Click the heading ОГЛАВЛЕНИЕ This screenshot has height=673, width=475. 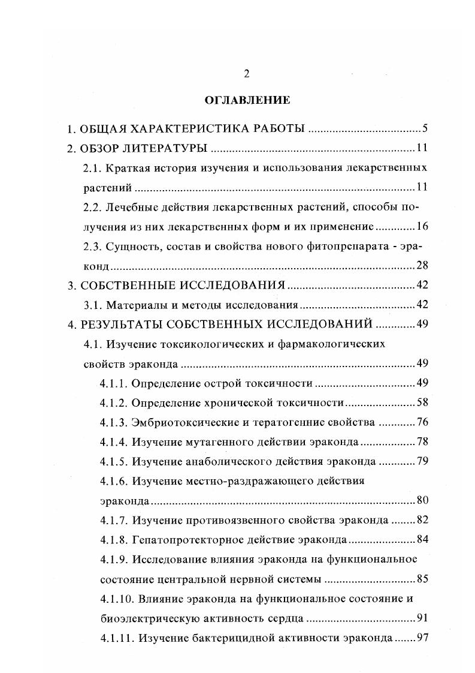point(247,100)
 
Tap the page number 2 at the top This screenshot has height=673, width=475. point(246,74)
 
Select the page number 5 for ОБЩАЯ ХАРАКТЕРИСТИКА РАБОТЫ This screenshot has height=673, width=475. point(423,129)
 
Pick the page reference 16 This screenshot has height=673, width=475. point(420,226)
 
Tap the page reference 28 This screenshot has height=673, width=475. point(420,265)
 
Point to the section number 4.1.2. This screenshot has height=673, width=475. point(113,402)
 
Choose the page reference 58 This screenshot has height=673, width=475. point(420,402)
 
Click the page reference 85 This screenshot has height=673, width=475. point(420,579)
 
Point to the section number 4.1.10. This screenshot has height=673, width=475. point(115,599)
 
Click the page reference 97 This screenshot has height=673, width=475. point(420,638)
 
